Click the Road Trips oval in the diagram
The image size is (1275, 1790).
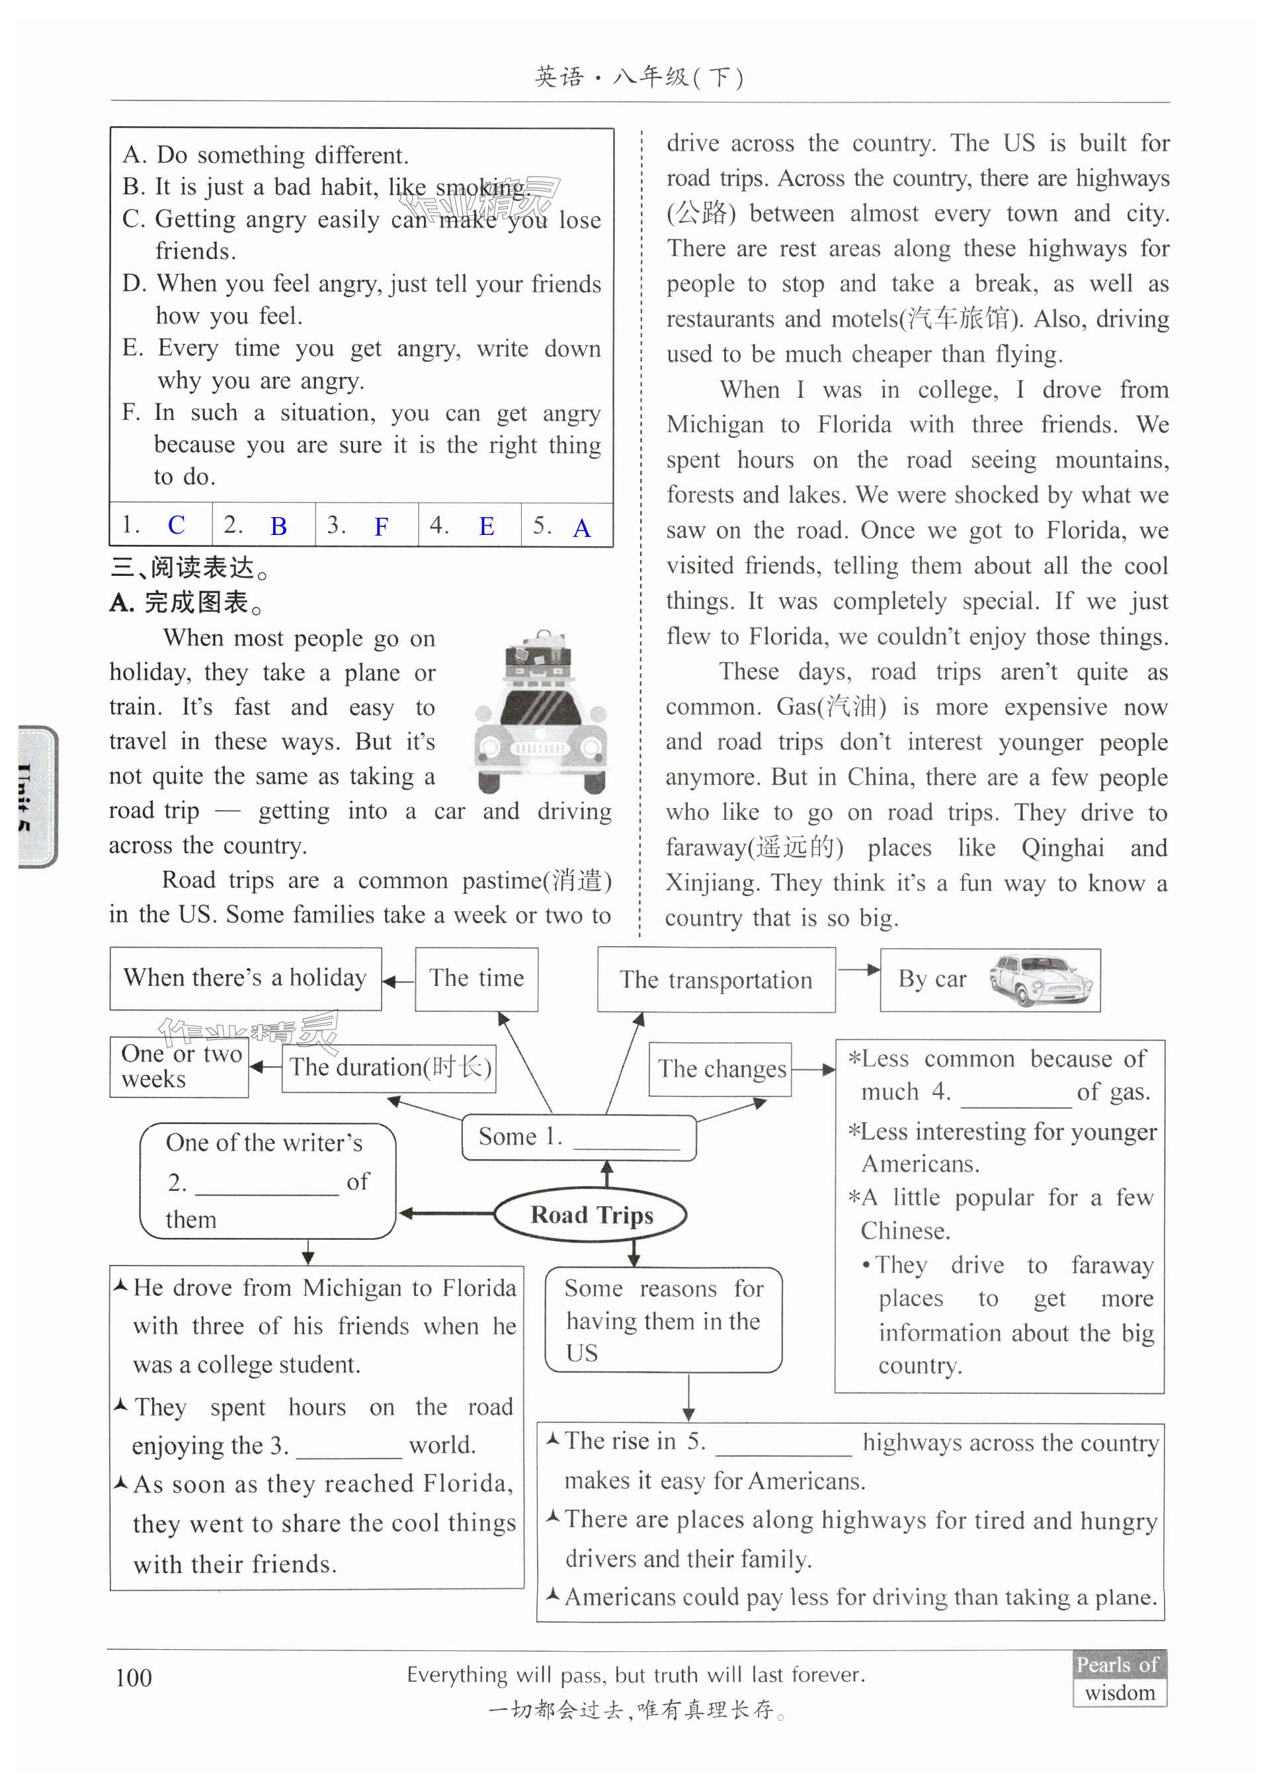591,1215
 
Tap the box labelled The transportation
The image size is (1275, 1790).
716,980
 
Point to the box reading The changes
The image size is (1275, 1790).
720,1069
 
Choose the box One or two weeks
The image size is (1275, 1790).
180,1066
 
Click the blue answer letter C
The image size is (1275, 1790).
177,525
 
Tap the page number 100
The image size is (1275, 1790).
134,1678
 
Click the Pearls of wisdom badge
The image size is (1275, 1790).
1120,1678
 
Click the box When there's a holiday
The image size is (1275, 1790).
245,978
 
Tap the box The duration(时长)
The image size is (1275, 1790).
390,1068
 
